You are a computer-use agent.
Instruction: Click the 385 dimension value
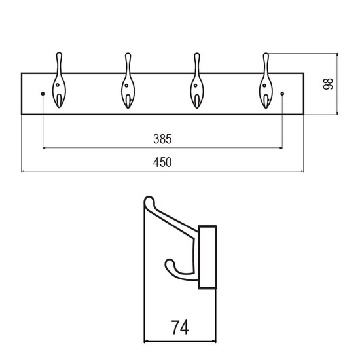tap(162, 139)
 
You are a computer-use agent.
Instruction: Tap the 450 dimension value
tap(162, 162)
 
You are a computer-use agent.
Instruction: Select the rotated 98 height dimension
tap(328, 84)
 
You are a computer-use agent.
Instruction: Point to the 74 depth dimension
tap(180, 328)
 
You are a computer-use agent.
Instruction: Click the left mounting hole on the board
tap(43, 94)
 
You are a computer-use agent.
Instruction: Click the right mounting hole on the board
tap(282, 94)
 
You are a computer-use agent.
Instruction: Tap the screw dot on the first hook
tap(58, 85)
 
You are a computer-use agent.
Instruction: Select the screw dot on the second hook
tap(126, 86)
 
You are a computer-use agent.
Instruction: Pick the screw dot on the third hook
tap(196, 86)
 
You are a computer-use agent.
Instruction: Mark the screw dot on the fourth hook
tap(264, 86)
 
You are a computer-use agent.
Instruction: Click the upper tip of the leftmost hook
tap(59, 53)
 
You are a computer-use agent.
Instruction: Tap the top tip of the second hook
tap(128, 54)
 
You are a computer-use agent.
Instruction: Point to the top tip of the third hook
tap(197, 54)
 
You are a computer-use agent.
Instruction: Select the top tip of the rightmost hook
tap(266, 54)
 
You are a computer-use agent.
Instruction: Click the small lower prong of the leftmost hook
tap(59, 101)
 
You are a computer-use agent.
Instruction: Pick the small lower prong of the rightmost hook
tap(266, 101)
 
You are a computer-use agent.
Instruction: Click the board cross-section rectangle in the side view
tap(207, 257)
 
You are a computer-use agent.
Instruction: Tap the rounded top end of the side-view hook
tap(149, 200)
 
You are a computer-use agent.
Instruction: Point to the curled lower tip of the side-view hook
tap(170, 263)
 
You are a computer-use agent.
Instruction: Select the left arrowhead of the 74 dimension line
tap(146, 342)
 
